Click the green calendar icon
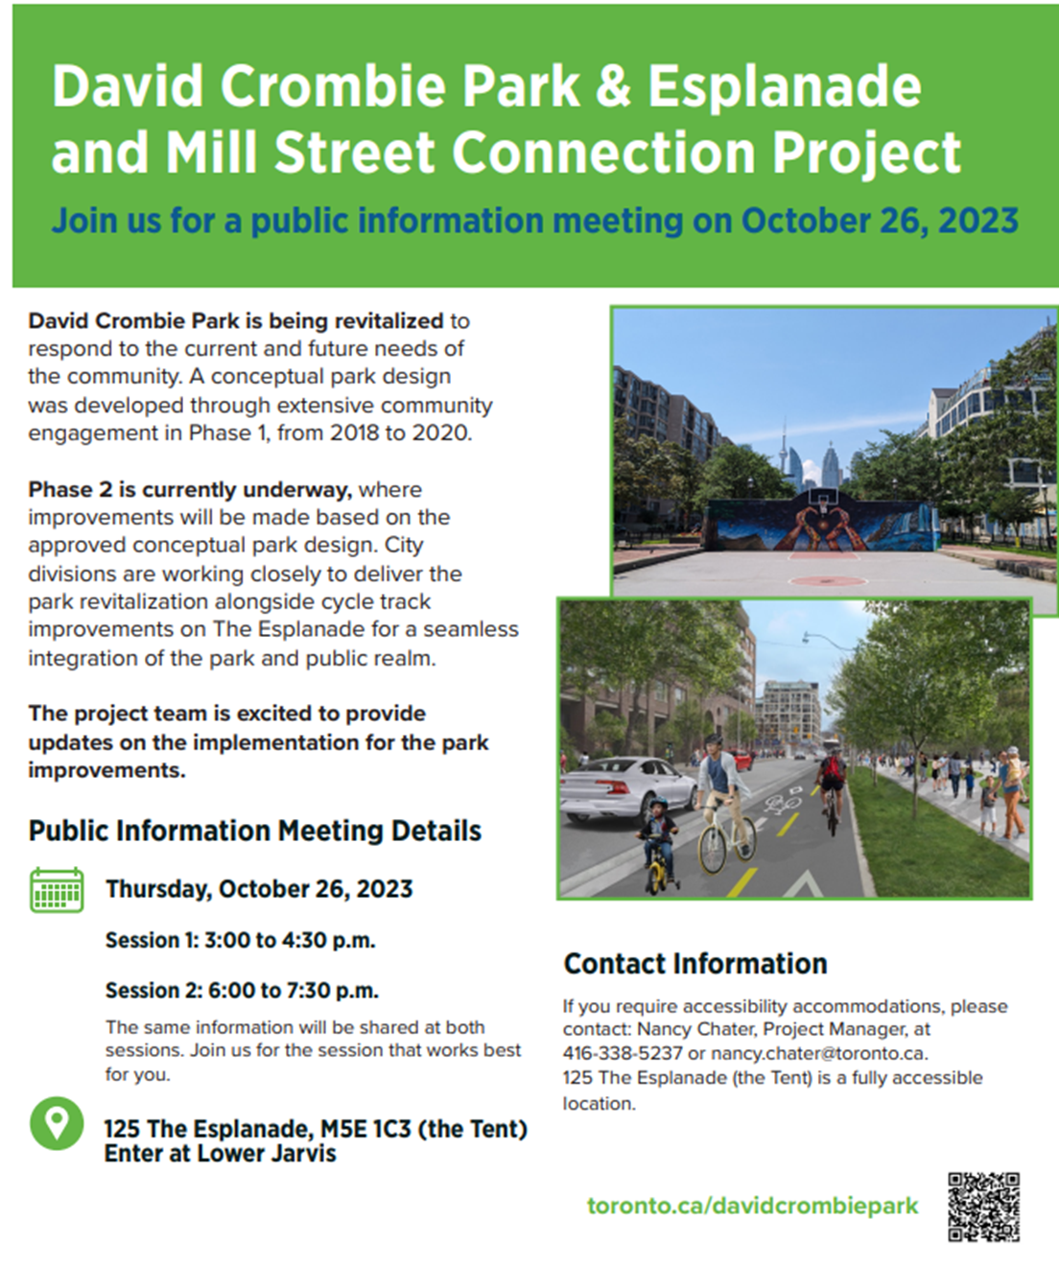[x=57, y=890]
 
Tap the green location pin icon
[x=57, y=1123]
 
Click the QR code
[x=984, y=1207]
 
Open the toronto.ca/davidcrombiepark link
[x=753, y=1206]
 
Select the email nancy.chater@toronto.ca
[x=819, y=1053]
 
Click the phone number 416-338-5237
[x=623, y=1053]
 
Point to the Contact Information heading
[x=695, y=964]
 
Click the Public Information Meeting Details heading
[x=255, y=831]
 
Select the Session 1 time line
[x=241, y=941]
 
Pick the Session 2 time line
[x=242, y=991]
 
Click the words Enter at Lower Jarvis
[x=221, y=1153]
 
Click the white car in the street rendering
[x=626, y=789]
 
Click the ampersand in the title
[x=613, y=86]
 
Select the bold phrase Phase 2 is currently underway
[x=190, y=490]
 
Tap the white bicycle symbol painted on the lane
[x=783, y=805]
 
